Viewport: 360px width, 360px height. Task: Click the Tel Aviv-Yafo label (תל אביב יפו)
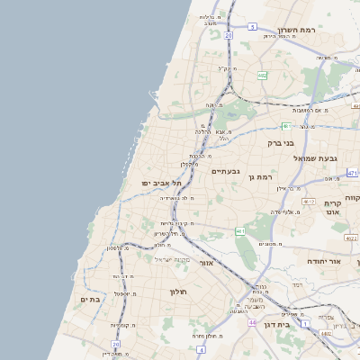[x=161, y=183]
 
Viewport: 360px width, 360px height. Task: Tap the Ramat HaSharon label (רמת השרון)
[x=293, y=28]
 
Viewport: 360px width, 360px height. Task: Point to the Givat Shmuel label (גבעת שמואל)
[x=315, y=158]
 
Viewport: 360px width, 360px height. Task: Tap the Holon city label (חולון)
[x=175, y=291]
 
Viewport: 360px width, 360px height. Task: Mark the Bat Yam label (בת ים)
[x=88, y=300]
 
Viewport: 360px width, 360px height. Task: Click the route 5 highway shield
[x=253, y=27]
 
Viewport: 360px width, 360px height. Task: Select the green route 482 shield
[x=262, y=76]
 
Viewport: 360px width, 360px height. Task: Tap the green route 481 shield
[x=285, y=126]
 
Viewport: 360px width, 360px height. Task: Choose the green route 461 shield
[x=240, y=231]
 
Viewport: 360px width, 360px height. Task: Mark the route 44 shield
[x=253, y=321]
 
